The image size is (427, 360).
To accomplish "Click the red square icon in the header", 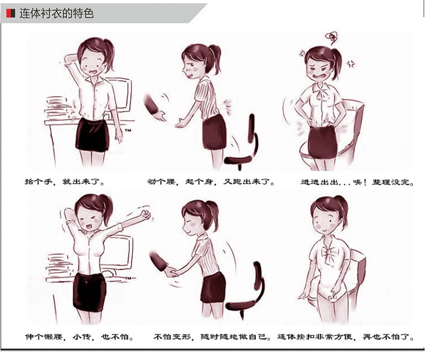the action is pyautogui.click(x=11, y=13).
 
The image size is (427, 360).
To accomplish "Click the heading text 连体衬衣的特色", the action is pyautogui.click(x=56, y=13).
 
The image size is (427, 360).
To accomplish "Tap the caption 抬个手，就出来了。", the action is pyautogui.click(x=64, y=181).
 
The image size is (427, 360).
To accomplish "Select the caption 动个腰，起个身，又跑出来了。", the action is pyautogui.click(x=211, y=181).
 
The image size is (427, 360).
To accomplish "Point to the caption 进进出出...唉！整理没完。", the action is pyautogui.click(x=358, y=182).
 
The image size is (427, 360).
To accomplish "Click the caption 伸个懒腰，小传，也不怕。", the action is pyautogui.click(x=79, y=337).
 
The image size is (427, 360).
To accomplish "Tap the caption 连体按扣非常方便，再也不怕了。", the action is pyautogui.click(x=346, y=337).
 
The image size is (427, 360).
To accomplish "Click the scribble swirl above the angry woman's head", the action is pyautogui.click(x=332, y=38).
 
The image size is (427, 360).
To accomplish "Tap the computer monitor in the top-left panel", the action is pyautogui.click(x=120, y=94).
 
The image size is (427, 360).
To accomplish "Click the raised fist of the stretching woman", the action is pyautogui.click(x=146, y=214).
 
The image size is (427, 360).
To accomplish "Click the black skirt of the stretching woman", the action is pyautogui.click(x=89, y=292).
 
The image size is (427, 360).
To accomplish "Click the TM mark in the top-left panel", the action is pyautogui.click(x=128, y=130).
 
